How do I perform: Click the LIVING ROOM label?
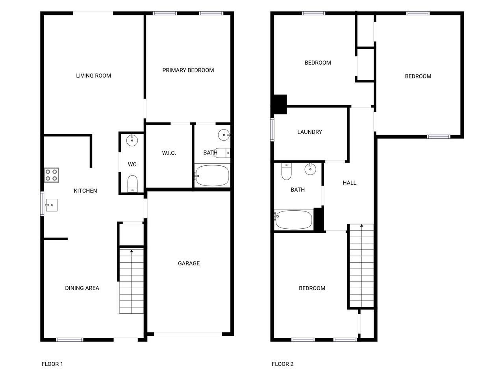point(93,76)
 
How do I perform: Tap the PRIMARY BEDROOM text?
point(188,70)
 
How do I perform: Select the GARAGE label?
point(189,263)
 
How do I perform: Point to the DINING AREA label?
point(82,288)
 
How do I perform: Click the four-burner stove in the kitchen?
point(52,175)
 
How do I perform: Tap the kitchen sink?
point(51,205)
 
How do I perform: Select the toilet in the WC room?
point(132,183)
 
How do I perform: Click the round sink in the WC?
point(132,141)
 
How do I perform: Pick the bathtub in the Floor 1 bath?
point(212,176)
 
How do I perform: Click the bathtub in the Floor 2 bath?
point(293,220)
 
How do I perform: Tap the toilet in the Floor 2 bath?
point(286,171)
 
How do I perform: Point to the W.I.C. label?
point(169,153)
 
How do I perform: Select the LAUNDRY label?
point(309,132)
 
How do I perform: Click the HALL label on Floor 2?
point(350,183)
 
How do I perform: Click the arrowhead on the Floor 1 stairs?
point(132,251)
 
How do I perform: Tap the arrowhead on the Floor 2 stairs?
point(362,225)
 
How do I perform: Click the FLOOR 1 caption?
point(52,364)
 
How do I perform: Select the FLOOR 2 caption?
point(283,364)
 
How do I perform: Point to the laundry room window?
point(272,130)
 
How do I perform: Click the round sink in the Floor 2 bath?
point(310,169)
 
